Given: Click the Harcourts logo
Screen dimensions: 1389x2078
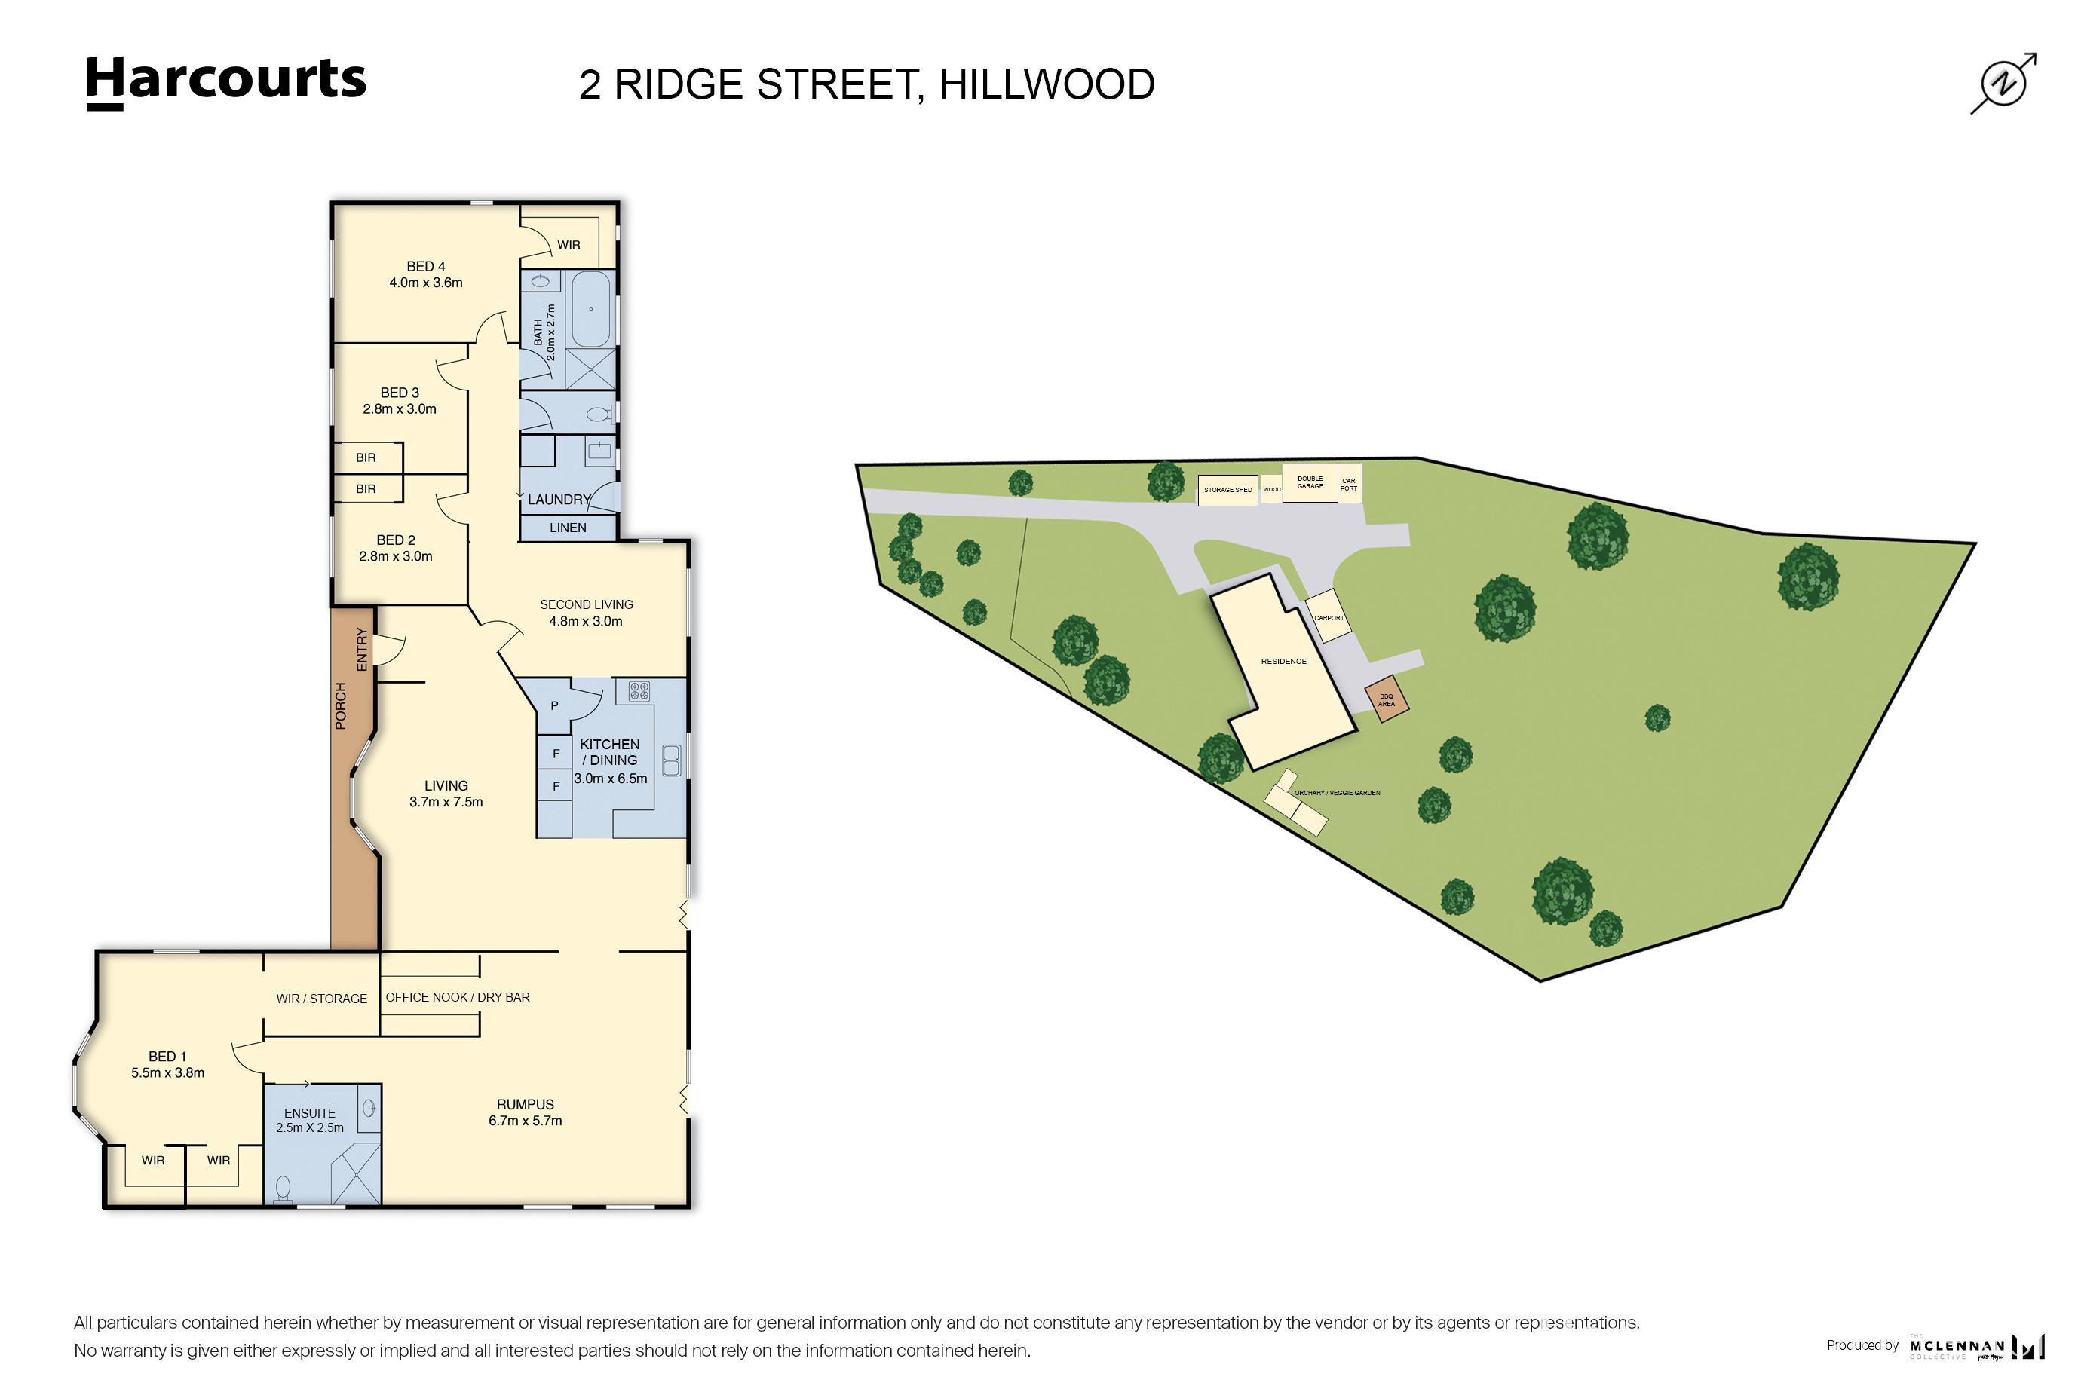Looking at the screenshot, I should [x=225, y=81].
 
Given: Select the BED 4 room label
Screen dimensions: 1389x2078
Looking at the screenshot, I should [x=425, y=274].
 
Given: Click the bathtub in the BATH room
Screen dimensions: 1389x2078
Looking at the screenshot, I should [x=590, y=310].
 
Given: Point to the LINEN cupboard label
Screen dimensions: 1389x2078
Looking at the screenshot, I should [x=568, y=528].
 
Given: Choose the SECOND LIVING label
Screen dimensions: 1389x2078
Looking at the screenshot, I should [x=586, y=613].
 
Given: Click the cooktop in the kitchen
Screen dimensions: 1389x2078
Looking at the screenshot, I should [x=639, y=691].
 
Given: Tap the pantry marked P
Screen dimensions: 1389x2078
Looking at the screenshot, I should [x=555, y=706].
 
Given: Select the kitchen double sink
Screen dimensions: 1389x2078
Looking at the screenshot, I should [x=672, y=759].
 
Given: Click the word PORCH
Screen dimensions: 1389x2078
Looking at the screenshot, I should [x=341, y=706].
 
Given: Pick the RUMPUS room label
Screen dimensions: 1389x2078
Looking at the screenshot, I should [x=525, y=1112].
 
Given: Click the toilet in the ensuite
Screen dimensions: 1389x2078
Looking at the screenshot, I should [x=284, y=1187].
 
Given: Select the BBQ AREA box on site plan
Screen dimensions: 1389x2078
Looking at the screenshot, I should [x=1386, y=701].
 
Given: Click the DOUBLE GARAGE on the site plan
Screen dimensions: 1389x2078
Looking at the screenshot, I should [x=1310, y=483].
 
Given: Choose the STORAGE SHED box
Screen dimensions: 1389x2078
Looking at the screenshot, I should [x=1227, y=490].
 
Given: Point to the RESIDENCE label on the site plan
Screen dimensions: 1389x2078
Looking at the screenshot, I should [x=1283, y=662].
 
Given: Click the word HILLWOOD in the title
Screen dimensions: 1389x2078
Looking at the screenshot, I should [x=1047, y=85].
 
